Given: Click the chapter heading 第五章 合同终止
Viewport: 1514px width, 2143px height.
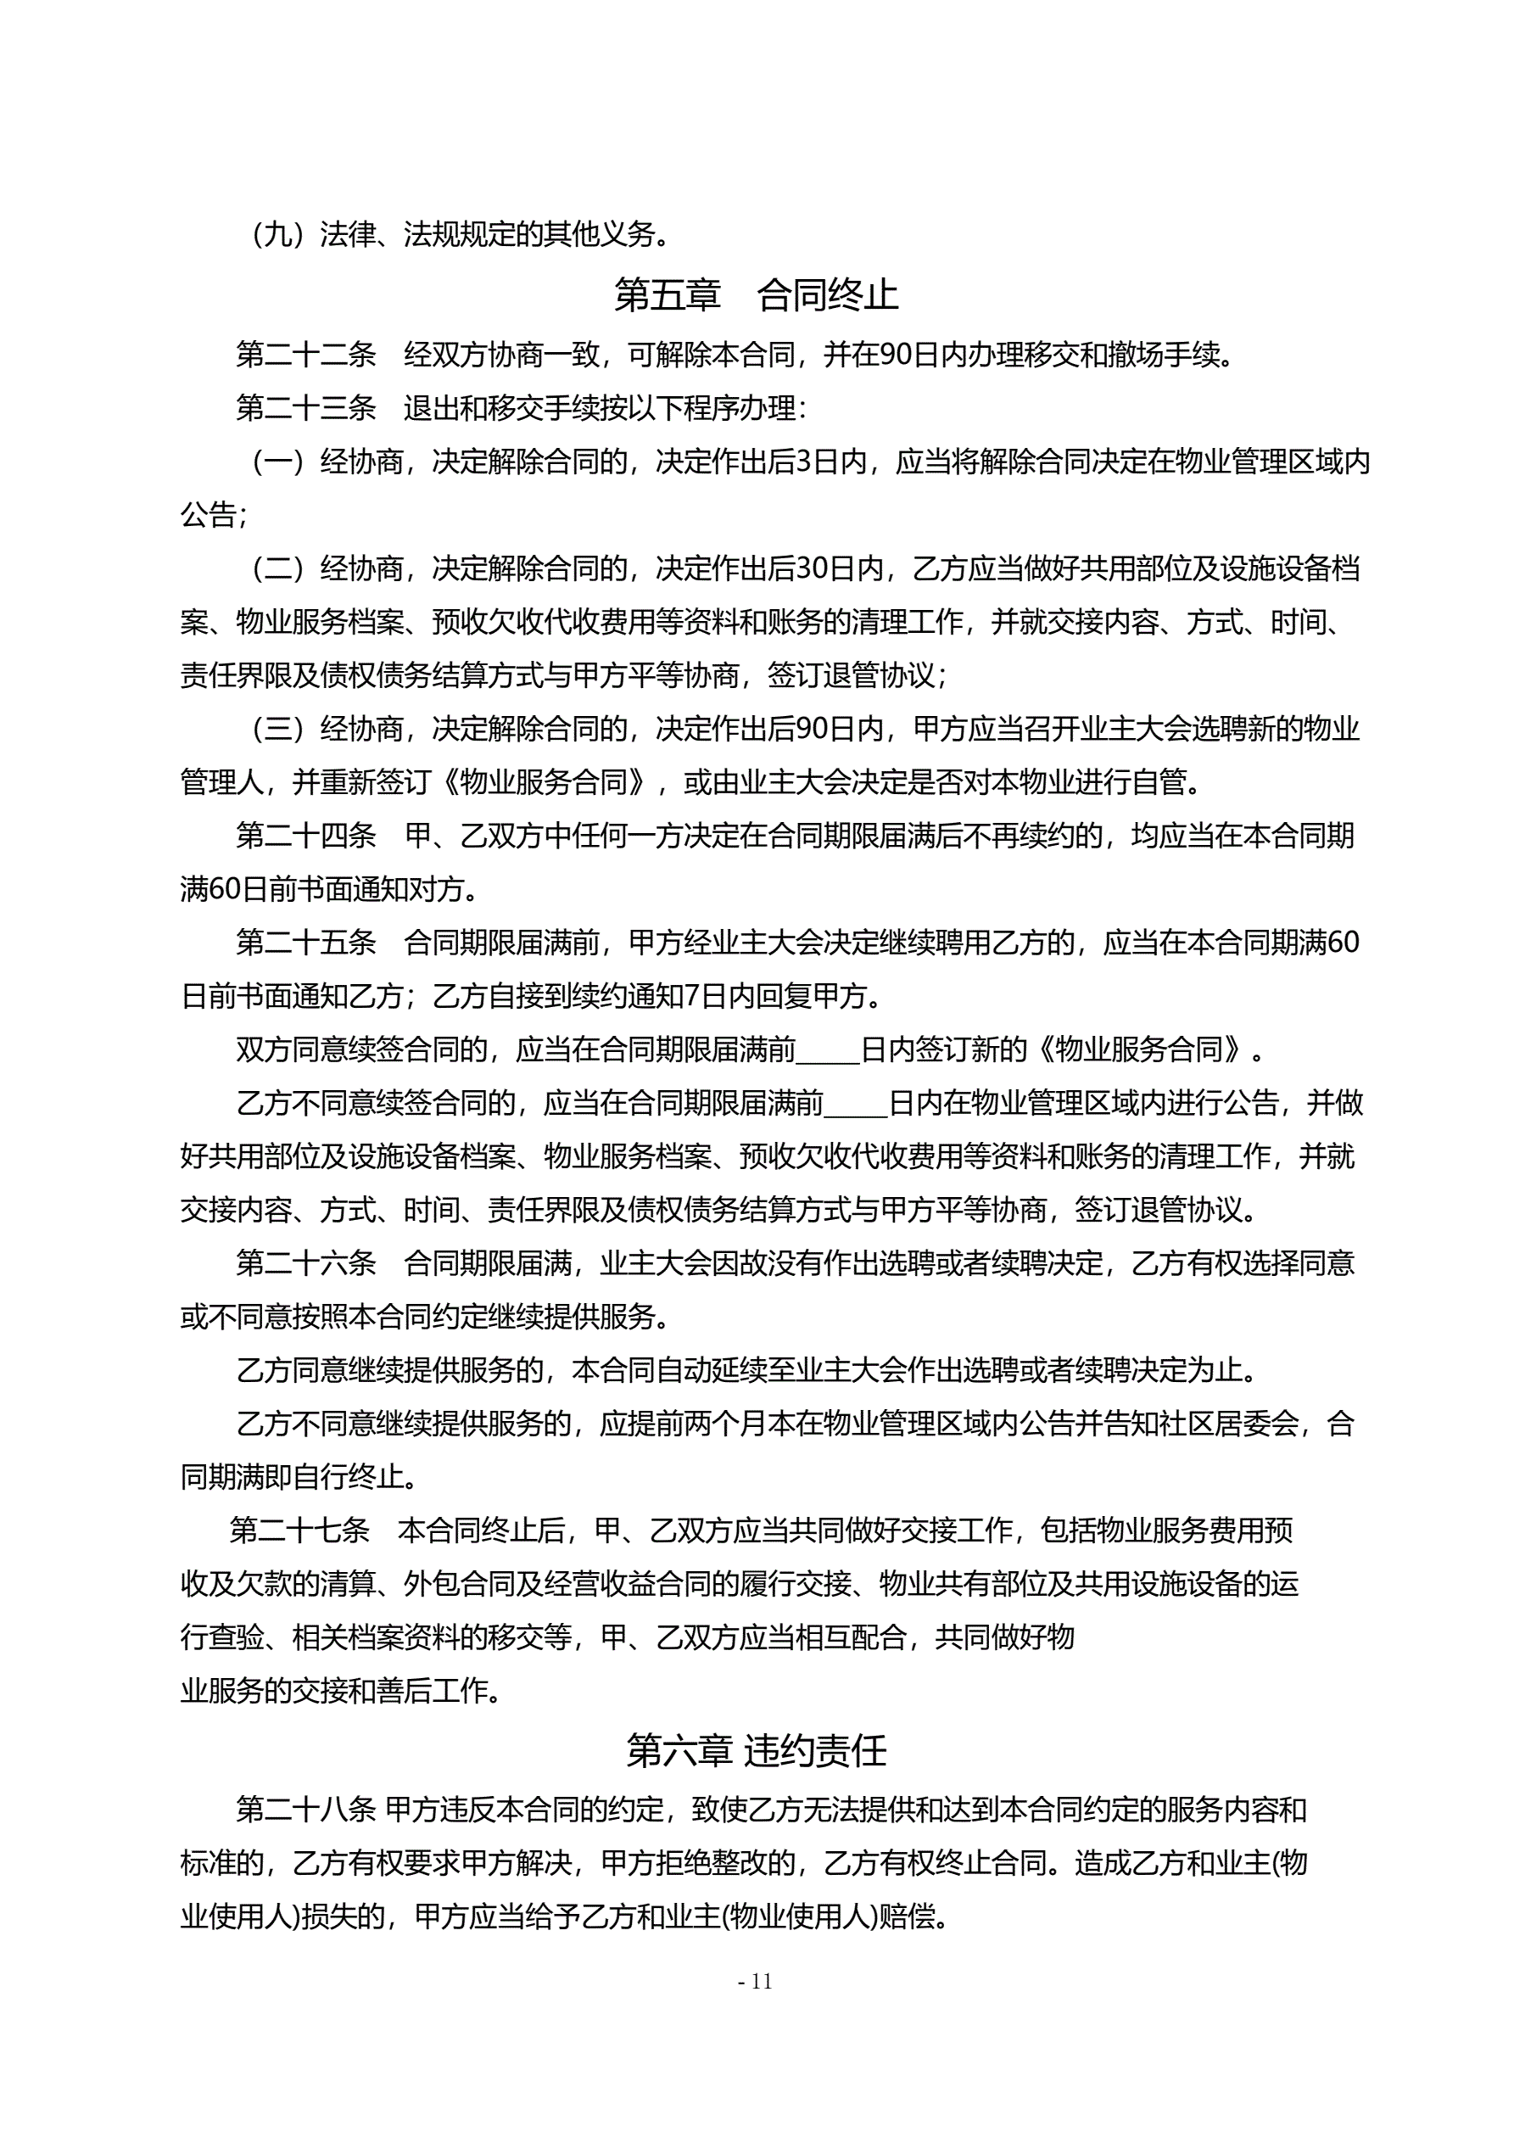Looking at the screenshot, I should point(756,295).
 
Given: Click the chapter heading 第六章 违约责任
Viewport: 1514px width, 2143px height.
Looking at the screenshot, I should point(756,1750).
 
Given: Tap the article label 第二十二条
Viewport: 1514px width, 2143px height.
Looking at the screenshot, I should point(306,355).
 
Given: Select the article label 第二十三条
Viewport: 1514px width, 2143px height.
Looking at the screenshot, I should point(306,408).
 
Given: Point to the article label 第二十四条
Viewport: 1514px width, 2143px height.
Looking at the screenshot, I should point(306,836).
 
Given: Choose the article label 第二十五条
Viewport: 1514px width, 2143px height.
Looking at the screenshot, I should point(306,943).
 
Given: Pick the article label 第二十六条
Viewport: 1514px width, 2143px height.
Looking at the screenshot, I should point(306,1263).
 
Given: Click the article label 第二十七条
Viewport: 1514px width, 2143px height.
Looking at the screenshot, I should point(299,1530).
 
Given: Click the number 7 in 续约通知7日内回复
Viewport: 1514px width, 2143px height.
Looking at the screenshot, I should point(691,997).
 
